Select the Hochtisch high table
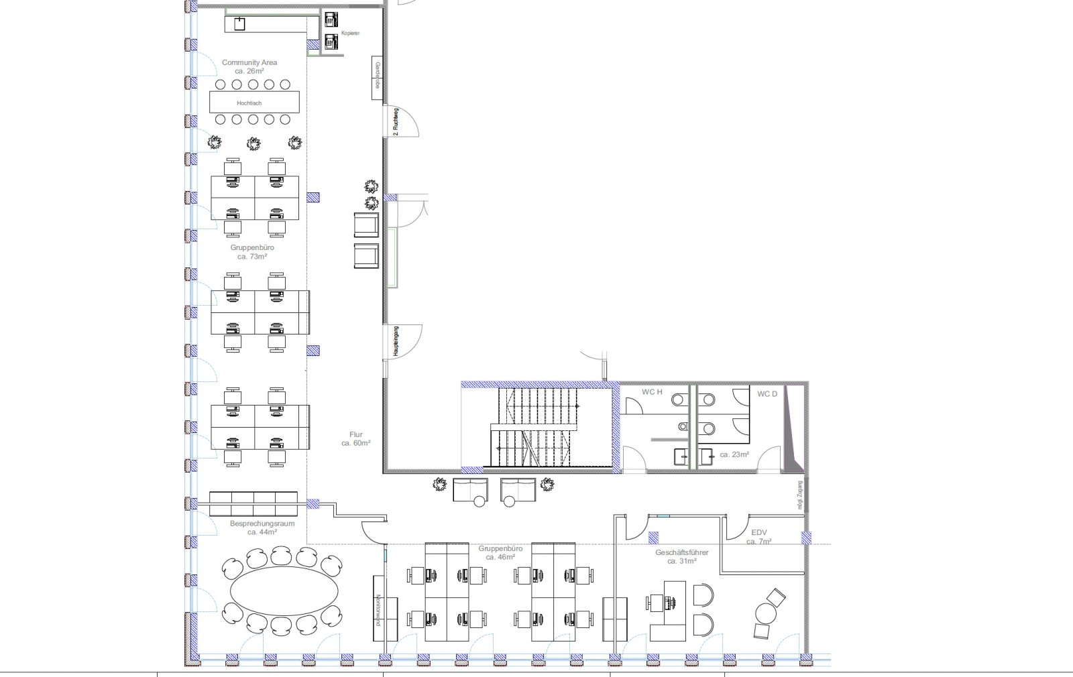(253, 103)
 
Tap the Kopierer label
(350, 33)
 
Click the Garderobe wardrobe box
(378, 78)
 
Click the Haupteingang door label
(396, 341)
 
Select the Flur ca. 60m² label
(355, 439)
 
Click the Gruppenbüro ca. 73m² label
(251, 251)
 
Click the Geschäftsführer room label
(681, 556)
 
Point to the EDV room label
(758, 536)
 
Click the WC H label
(651, 392)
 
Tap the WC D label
(767, 393)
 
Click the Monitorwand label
(378, 609)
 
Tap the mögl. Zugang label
(799, 495)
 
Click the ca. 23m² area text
(734, 454)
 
